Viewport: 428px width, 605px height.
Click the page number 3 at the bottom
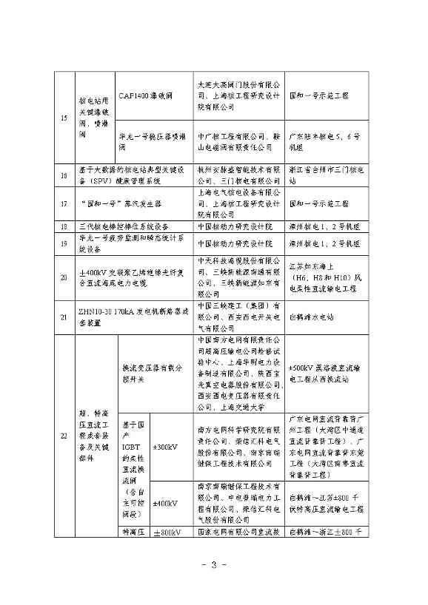(213, 567)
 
